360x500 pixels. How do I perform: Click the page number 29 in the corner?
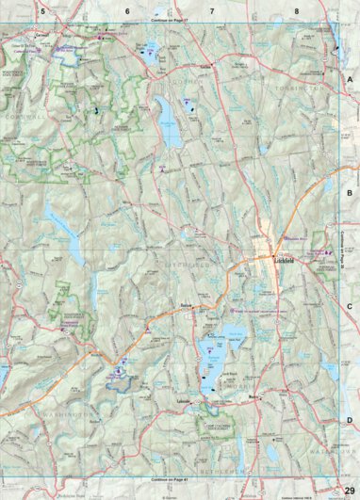coord(349,488)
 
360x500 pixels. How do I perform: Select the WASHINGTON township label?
coord(69,414)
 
